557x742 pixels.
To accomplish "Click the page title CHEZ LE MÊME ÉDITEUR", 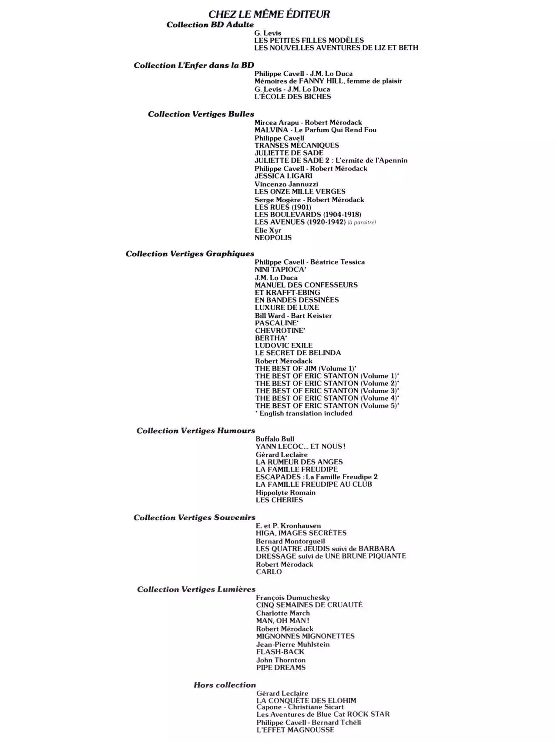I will [x=269, y=14].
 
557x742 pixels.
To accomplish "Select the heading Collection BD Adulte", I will [x=210, y=25].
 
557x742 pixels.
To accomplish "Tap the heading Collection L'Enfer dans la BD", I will [x=194, y=65].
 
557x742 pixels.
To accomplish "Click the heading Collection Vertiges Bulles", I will [x=201, y=114].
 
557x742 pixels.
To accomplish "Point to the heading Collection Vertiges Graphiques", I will [x=190, y=254].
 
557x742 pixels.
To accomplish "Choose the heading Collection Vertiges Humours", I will [x=195, y=431].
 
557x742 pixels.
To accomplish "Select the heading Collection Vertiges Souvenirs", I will [x=194, y=518].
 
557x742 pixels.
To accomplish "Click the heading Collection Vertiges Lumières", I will [x=196, y=589].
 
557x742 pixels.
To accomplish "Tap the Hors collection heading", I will [x=225, y=685].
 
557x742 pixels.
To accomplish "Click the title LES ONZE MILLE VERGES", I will [x=300, y=191].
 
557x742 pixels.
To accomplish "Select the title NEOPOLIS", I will [x=273, y=237].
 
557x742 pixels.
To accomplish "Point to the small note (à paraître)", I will [x=362, y=222].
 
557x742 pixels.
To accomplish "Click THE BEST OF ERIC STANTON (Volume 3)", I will [x=326, y=391].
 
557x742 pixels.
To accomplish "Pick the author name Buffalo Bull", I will [x=275, y=439].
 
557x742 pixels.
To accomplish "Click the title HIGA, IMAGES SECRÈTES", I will [x=301, y=533].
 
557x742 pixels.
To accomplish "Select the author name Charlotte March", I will [x=283, y=613].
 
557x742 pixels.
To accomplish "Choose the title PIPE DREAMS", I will [x=281, y=667].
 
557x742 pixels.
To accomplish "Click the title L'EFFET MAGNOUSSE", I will [x=295, y=730].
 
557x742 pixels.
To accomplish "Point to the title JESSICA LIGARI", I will [x=283, y=176].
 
